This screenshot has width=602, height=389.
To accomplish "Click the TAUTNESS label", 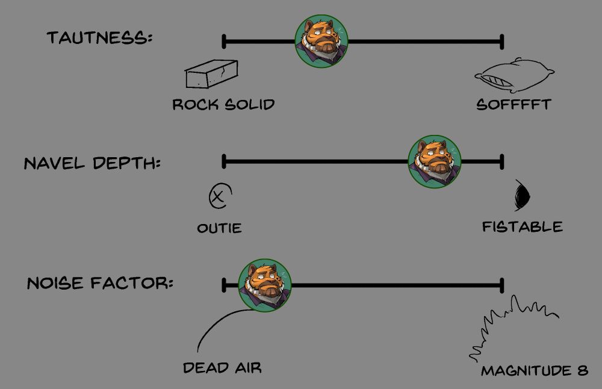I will click(x=100, y=38).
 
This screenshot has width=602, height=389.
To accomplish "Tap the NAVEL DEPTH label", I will click(x=92, y=163).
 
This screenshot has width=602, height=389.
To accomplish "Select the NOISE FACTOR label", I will click(x=100, y=282).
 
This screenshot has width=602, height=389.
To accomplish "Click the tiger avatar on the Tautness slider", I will click(x=321, y=42).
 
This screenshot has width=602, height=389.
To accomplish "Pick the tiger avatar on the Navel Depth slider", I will click(x=435, y=161).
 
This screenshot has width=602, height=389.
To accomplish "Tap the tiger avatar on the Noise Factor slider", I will click(x=265, y=285).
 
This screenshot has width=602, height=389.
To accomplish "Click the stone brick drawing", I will click(x=211, y=75).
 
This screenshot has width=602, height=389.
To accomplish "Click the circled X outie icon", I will click(x=219, y=196).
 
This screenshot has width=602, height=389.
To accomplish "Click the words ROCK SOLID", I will click(x=223, y=104).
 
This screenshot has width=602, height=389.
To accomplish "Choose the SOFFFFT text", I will click(x=514, y=104).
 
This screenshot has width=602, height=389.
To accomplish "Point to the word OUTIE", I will click(x=219, y=228).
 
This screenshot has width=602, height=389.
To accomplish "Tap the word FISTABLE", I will click(x=522, y=226).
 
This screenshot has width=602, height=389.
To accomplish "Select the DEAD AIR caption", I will click(x=222, y=367).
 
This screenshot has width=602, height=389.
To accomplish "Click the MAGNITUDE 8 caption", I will click(x=534, y=370).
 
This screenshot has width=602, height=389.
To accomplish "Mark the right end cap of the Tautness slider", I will click(x=502, y=42).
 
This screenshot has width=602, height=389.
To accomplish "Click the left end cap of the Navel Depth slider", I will click(x=224, y=161).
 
